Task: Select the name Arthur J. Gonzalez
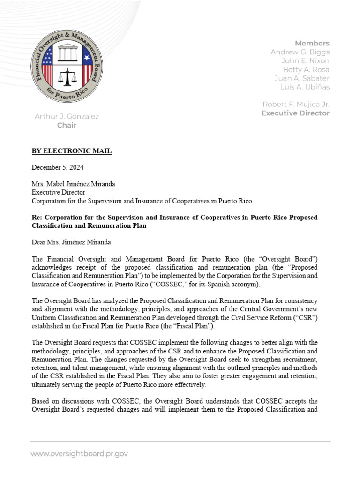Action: (x=67, y=116)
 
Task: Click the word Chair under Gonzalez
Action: (x=67, y=125)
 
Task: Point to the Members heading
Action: (x=312, y=43)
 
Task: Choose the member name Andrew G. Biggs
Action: (x=300, y=52)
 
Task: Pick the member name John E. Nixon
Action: (x=305, y=61)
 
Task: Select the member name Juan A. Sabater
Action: (x=301, y=78)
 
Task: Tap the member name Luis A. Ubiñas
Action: (x=305, y=87)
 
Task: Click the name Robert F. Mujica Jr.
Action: (x=295, y=104)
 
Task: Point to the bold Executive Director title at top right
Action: (x=295, y=113)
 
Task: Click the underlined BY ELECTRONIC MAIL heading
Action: (x=72, y=151)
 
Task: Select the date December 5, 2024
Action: (x=58, y=167)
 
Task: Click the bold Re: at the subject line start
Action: (x=37, y=218)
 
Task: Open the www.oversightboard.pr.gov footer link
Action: (x=79, y=453)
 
